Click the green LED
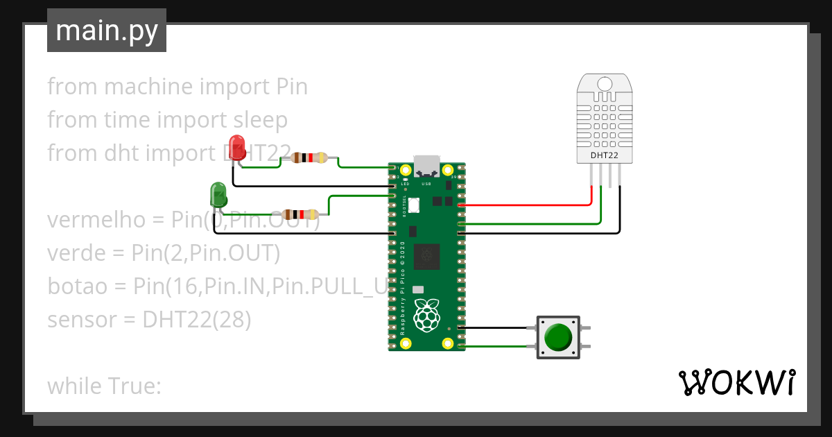(218, 195)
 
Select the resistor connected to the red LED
(309, 158)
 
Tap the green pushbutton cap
(558, 337)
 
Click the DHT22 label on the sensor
(604, 155)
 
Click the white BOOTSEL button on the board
(415, 205)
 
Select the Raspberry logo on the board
(426, 316)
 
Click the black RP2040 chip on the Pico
(426, 257)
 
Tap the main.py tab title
(106, 31)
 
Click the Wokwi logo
(736, 383)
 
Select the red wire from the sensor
(527, 206)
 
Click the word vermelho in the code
(96, 221)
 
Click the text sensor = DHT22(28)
(148, 320)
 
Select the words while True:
(104, 386)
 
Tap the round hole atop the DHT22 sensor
(605, 84)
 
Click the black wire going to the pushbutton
(496, 327)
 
